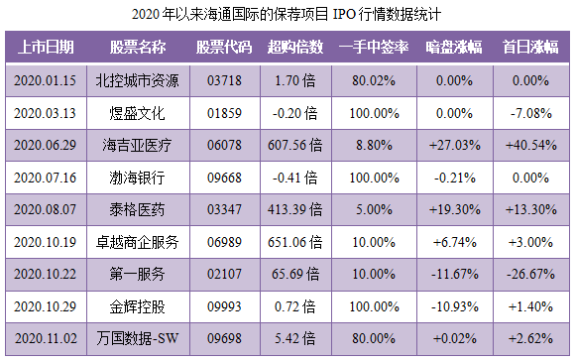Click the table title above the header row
pyautogui.click(x=287, y=16)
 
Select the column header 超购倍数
pyautogui.click(x=294, y=48)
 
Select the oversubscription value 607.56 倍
pyautogui.click(x=294, y=146)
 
